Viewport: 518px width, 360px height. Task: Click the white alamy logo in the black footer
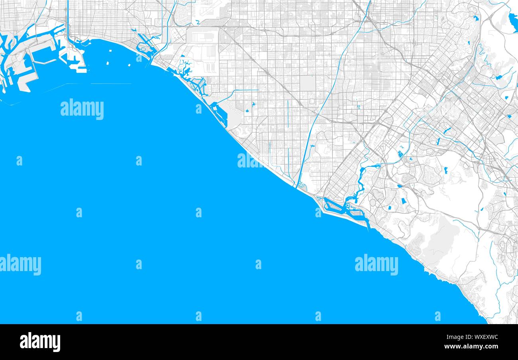pyautogui.click(x=40, y=342)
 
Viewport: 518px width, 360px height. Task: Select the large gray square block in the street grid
pyautogui.click(x=307, y=83)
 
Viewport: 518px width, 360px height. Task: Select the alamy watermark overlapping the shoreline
pyautogui.click(x=250, y=161)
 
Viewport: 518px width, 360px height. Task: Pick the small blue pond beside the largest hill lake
pyautogui.click(x=475, y=18)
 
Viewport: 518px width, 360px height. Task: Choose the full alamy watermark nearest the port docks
pyautogui.click(x=82, y=109)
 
